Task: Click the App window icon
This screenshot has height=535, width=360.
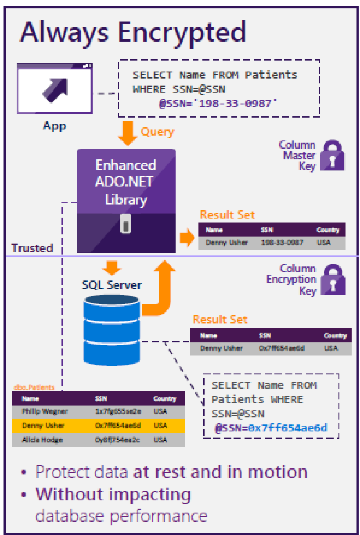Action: coord(54,88)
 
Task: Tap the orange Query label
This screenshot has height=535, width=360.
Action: coord(157,132)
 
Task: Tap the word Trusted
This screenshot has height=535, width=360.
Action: coord(32,248)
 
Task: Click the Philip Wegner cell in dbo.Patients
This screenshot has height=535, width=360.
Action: coord(39,412)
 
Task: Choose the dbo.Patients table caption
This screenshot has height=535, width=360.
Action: coord(34,388)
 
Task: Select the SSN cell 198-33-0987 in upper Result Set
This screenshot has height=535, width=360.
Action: coord(281,242)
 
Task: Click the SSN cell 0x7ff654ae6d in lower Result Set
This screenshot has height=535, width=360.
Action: coord(281,348)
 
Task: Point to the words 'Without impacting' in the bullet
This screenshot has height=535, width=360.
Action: coord(113,494)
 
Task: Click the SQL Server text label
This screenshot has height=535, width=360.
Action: coord(112,285)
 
